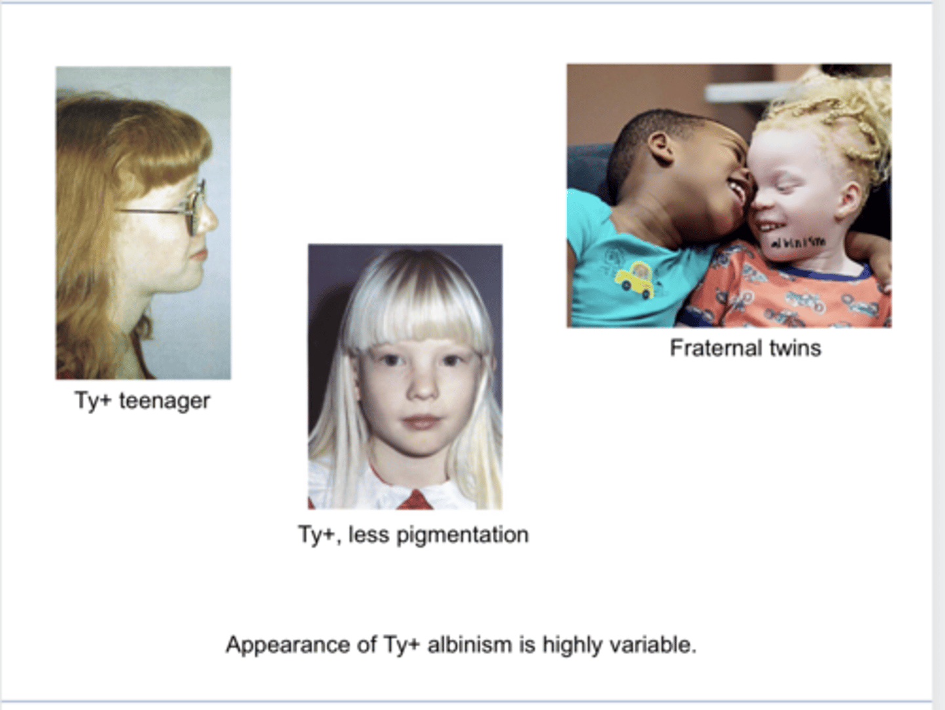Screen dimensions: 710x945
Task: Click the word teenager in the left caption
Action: pyautogui.click(x=165, y=400)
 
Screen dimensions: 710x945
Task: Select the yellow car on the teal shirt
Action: pyautogui.click(x=634, y=278)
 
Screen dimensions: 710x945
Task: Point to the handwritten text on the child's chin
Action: pyautogui.click(x=797, y=242)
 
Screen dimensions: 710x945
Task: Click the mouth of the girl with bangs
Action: pyautogui.click(x=420, y=423)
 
